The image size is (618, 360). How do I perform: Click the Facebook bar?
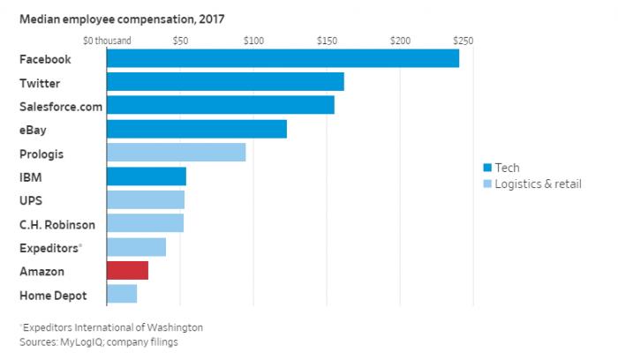tap(283, 58)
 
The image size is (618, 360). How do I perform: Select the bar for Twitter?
tap(225, 82)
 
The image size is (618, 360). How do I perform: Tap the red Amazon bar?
tap(127, 270)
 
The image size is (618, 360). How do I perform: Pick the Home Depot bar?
tap(122, 294)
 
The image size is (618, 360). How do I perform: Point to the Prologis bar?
tap(177, 153)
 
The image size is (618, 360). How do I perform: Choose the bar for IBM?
tap(147, 176)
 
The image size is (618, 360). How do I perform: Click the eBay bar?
tap(197, 129)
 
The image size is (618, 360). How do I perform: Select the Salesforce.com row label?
tap(61, 106)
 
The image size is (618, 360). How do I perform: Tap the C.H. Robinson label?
tap(57, 224)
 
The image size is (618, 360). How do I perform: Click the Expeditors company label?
tap(49, 247)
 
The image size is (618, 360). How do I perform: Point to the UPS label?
tap(32, 200)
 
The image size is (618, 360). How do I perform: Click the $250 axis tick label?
tap(463, 41)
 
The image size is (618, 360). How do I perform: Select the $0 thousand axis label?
tap(108, 41)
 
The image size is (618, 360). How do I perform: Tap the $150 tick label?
tap(327, 41)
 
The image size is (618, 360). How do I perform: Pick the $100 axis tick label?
tap(253, 41)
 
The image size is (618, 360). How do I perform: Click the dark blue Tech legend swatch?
tap(486, 168)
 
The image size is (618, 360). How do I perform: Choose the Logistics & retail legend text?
tap(538, 184)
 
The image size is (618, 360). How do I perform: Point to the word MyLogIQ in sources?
tap(87, 341)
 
